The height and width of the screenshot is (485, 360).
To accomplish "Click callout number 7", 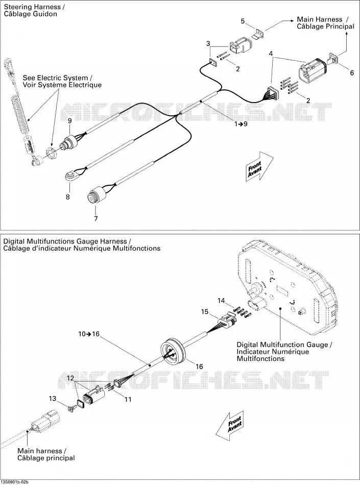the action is point(96,219).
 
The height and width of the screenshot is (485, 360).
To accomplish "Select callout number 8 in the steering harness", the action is point(68,197).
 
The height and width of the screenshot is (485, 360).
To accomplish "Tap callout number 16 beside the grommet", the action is point(199,367).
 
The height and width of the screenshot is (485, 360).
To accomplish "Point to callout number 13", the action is point(53,398).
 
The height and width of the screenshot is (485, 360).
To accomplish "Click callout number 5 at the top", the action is point(243,21).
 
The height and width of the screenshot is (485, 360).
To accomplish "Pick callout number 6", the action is point(352,72).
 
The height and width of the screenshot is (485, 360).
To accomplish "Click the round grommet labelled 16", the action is point(173,352).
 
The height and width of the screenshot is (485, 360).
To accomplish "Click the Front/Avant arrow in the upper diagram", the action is point(259,166).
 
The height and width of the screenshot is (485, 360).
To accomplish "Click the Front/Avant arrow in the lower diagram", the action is point(230,426).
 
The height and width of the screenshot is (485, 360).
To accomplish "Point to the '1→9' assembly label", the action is point(241,124).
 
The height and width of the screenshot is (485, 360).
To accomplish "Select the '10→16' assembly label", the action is point(89,334).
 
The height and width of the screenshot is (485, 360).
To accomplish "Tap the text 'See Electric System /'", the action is point(58,78).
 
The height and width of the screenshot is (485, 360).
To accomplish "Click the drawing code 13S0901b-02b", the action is point(14,482).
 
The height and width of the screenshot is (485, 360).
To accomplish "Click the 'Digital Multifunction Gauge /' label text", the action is point(284,345).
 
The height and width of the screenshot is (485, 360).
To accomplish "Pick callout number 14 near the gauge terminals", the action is point(221,300).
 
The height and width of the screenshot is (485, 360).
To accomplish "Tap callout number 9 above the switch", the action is point(70,120).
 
